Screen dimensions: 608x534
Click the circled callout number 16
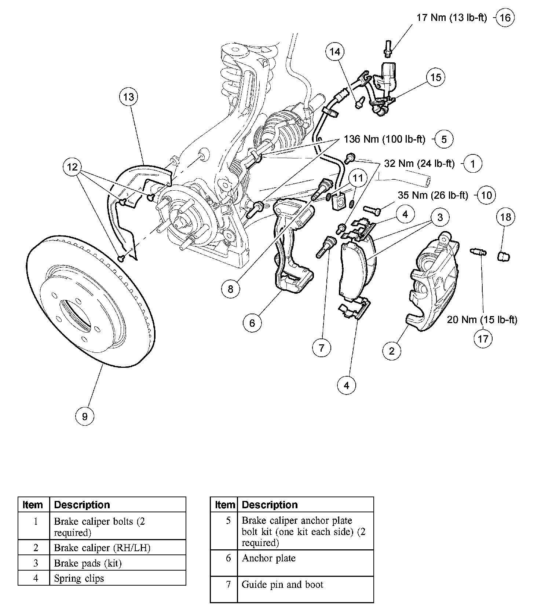click(505, 18)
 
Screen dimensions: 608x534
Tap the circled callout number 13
click(129, 97)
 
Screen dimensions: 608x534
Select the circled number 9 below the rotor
click(85, 416)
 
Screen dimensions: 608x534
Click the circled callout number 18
click(505, 217)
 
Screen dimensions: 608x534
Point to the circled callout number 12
click(72, 167)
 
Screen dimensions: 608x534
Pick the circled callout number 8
click(230, 289)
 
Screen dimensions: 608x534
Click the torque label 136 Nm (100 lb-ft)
click(384, 139)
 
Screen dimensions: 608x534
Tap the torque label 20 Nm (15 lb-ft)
click(482, 320)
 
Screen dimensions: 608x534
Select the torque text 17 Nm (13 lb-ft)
click(451, 18)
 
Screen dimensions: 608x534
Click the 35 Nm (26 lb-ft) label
click(433, 195)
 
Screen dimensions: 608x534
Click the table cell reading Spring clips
click(79, 578)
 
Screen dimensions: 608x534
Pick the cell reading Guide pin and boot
click(282, 584)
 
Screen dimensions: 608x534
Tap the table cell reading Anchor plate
click(268, 558)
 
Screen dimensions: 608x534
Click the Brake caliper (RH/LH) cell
click(102, 547)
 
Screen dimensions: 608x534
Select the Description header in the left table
click(82, 505)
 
